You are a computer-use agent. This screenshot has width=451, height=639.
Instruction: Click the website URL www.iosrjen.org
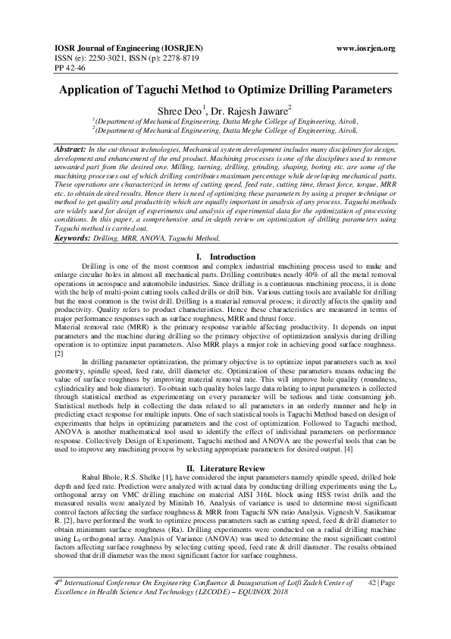(365, 49)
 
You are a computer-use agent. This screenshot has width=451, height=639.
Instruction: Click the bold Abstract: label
(70, 150)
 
